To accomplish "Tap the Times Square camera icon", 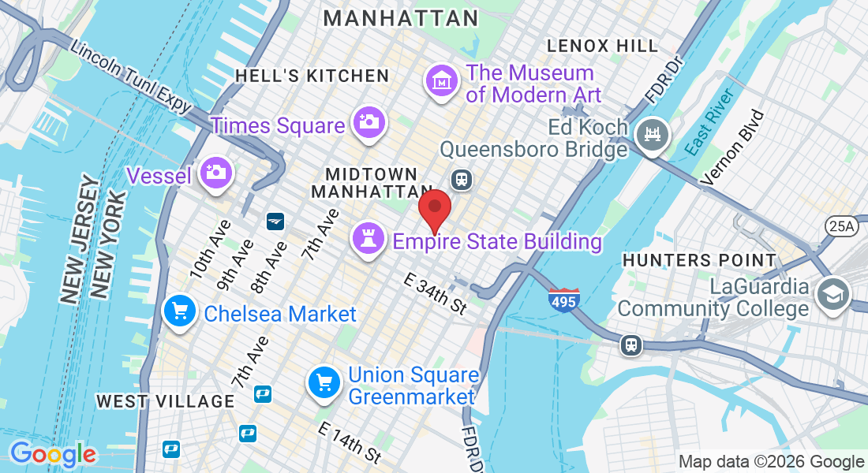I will (x=369, y=122).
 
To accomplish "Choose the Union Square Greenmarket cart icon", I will (x=324, y=384).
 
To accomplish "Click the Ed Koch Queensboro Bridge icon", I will (x=653, y=135).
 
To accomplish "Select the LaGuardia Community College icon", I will (x=832, y=294).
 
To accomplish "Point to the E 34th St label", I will (x=436, y=292).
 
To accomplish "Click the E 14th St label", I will (x=350, y=442).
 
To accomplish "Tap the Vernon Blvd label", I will (x=732, y=147).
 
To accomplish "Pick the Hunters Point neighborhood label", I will (x=698, y=259).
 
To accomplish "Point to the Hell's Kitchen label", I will (x=312, y=76).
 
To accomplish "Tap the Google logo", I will (x=52, y=454).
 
